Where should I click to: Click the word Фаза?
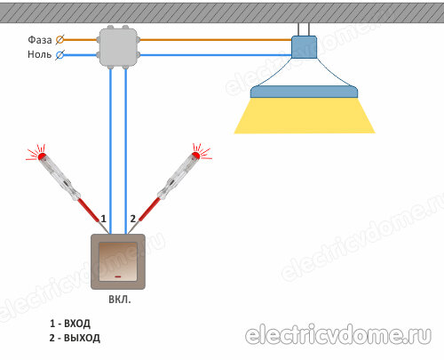(x=40, y=40)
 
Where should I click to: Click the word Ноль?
(x=39, y=54)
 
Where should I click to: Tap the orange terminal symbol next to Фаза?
(x=60, y=40)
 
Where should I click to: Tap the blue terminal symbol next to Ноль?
(x=60, y=55)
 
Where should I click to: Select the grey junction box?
(x=118, y=47)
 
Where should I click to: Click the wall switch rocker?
(x=118, y=261)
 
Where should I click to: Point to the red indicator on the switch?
(x=118, y=276)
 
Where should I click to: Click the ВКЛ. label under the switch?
(x=120, y=300)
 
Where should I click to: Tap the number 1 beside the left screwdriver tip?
(x=103, y=219)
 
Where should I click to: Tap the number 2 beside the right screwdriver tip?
(x=133, y=219)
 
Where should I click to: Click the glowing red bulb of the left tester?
(x=42, y=156)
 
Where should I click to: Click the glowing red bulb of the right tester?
(x=195, y=156)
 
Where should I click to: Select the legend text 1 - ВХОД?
(x=70, y=324)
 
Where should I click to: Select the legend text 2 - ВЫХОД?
(x=75, y=338)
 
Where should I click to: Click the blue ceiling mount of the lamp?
(x=304, y=47)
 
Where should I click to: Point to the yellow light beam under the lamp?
(x=305, y=116)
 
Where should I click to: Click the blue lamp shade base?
(x=305, y=92)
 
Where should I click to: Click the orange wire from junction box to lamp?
(x=216, y=40)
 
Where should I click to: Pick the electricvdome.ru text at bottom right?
(x=338, y=336)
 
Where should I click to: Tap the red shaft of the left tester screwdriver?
(x=89, y=210)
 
